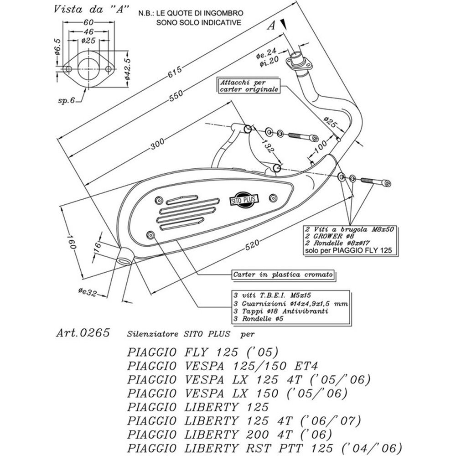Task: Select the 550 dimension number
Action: tap(176, 95)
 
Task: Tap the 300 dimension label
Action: tap(157, 144)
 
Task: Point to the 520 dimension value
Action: tap(252, 244)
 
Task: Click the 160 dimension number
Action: tap(71, 242)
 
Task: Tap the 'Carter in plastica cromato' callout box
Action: tap(283, 275)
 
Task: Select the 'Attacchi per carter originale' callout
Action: tap(249, 86)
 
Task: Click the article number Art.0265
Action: tap(83, 333)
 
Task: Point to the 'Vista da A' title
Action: tap(91, 9)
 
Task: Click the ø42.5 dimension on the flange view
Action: tap(128, 69)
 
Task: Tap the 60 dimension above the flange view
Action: tap(88, 22)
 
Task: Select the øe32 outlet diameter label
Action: tap(87, 292)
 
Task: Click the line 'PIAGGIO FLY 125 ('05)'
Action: tap(203, 352)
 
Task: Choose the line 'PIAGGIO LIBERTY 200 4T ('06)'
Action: tap(229, 435)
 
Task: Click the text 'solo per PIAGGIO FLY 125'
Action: tap(348, 250)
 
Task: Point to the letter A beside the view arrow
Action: tap(271, 26)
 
